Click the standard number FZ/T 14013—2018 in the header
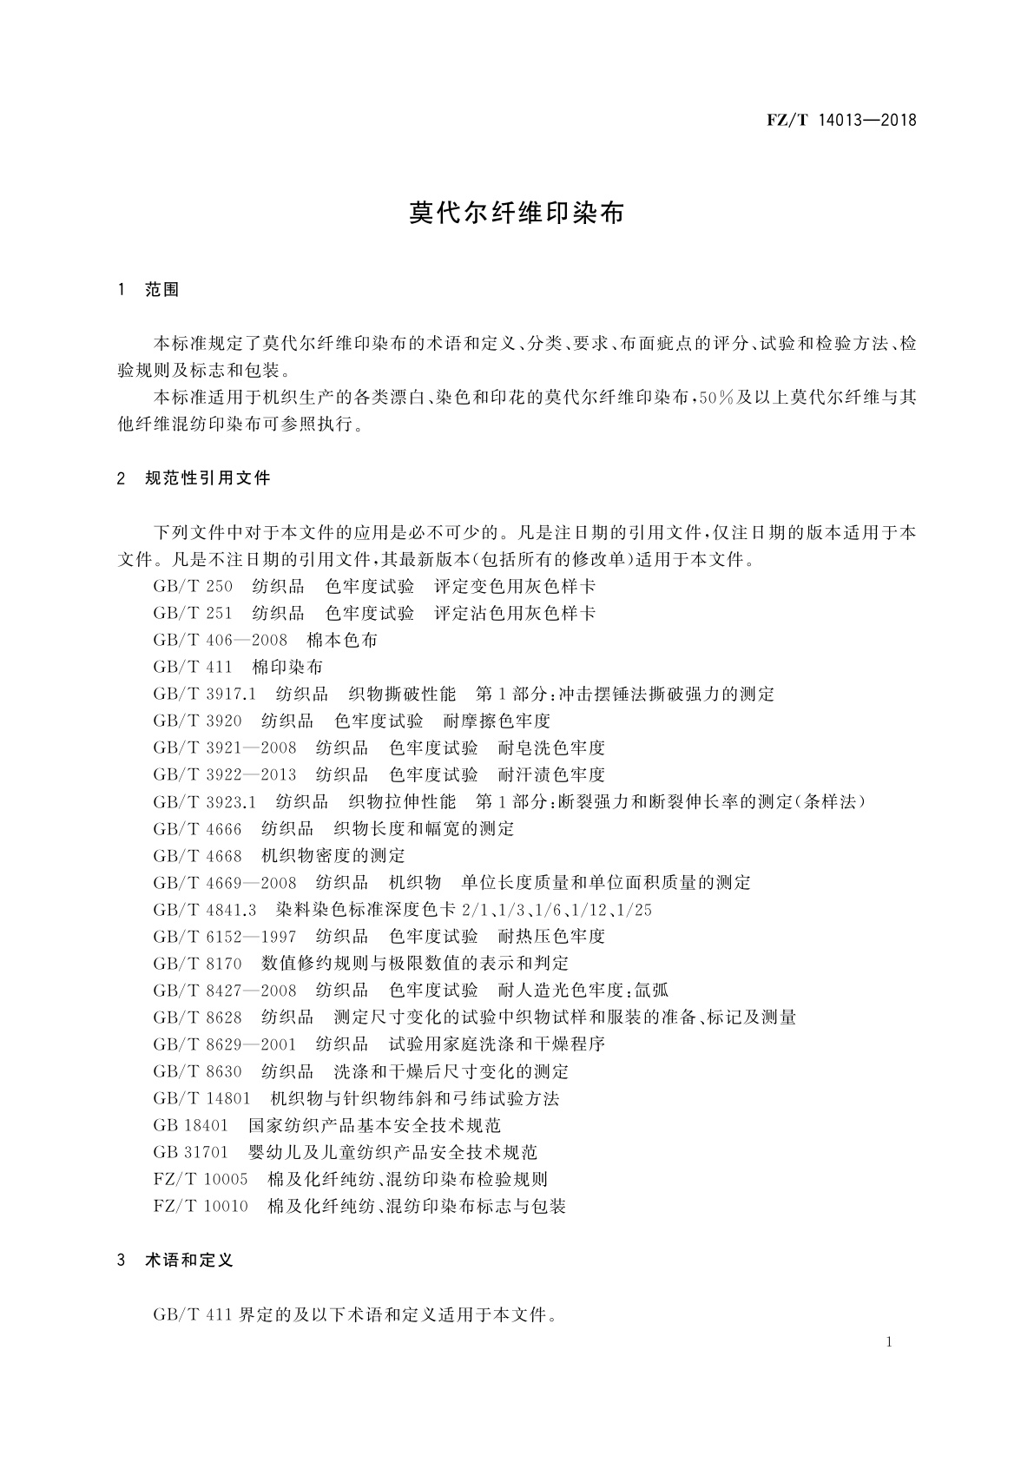click(841, 120)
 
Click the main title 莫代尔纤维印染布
click(517, 214)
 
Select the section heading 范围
click(162, 291)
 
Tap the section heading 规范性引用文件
click(207, 477)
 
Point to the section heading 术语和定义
click(189, 1260)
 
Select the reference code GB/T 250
click(193, 587)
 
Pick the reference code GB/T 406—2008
click(220, 641)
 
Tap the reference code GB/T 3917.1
click(204, 695)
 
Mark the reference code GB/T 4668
click(197, 856)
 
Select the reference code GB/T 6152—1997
click(224, 937)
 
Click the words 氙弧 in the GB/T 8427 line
click(651, 991)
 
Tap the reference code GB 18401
click(190, 1126)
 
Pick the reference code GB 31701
click(190, 1153)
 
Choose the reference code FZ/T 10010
click(201, 1207)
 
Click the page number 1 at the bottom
click(889, 1342)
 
